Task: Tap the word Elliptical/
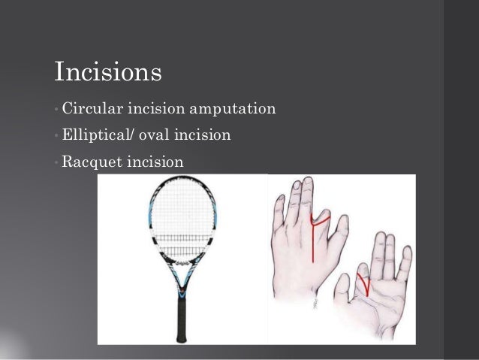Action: (x=96, y=136)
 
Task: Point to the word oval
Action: (x=151, y=136)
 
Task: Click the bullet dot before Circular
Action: (x=56, y=112)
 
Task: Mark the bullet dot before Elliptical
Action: (x=56, y=137)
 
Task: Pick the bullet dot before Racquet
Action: (x=56, y=162)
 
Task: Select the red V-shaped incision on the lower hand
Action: (x=363, y=284)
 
